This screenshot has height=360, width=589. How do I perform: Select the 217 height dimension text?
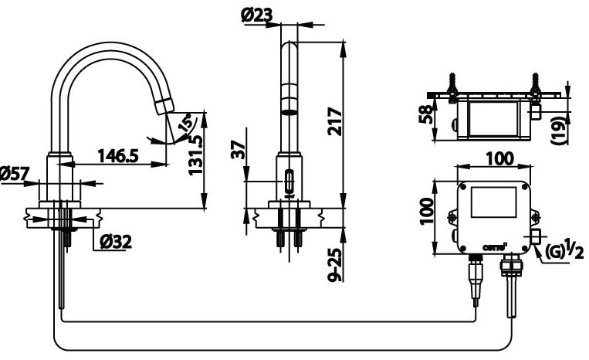pos(334,121)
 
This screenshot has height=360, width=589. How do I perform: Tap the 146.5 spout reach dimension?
pos(117,156)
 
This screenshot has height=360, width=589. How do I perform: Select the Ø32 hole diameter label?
pos(115,242)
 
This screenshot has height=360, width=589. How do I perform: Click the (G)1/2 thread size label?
pos(563,250)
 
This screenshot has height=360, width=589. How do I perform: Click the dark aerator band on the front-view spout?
pos(289,110)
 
